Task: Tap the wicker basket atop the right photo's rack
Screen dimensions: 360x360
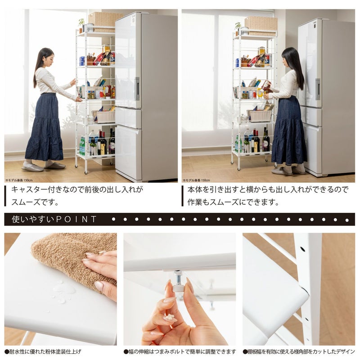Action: tap(261, 24)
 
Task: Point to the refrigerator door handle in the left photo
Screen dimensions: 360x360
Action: tap(137, 89)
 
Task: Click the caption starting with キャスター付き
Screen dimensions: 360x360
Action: tap(76, 196)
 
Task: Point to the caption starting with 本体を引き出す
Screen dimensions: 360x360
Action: tap(268, 196)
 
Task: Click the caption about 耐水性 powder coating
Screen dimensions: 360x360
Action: tap(44, 351)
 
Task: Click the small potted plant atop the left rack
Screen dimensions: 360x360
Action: tap(81, 24)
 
